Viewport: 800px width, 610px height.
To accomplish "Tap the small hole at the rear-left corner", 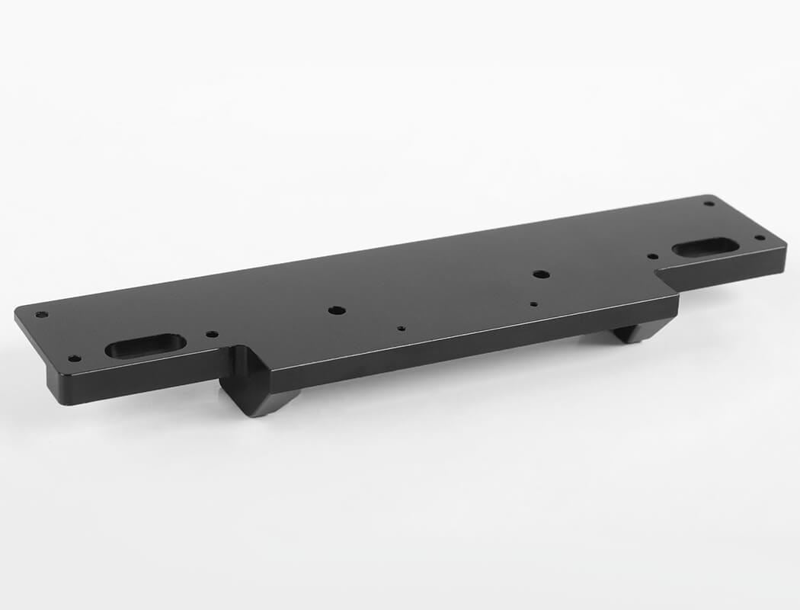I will click(x=41, y=314).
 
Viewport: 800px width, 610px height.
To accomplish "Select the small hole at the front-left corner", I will click(x=74, y=358).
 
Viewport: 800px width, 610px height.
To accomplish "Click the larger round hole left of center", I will click(x=335, y=310).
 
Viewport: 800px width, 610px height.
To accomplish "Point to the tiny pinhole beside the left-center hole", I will click(x=401, y=329).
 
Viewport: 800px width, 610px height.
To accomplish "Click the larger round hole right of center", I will click(x=540, y=274).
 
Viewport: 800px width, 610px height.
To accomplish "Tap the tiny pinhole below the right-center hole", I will click(x=533, y=304).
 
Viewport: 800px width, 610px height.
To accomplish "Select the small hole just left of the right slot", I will click(x=652, y=257).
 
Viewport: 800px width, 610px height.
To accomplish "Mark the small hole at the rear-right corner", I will click(x=709, y=204).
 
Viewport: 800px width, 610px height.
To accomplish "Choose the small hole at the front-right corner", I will click(x=759, y=237).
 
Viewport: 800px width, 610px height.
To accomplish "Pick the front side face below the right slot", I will click(x=731, y=271).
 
